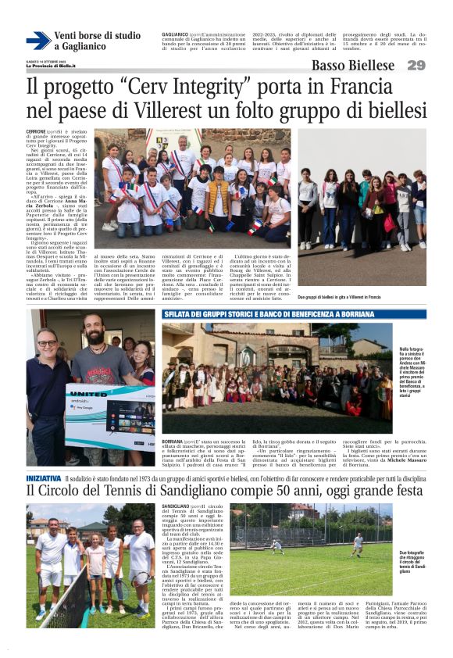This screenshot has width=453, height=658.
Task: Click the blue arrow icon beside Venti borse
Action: tap(37, 41)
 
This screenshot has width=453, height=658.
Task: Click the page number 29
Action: tap(416, 65)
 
